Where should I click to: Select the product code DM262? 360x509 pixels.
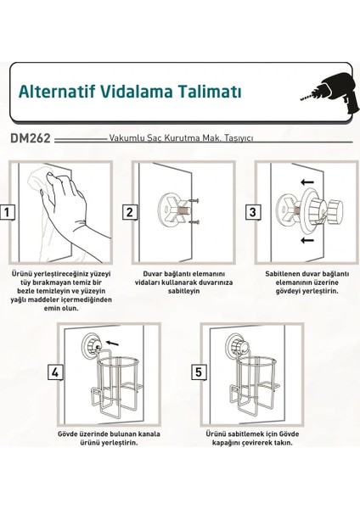(31, 138)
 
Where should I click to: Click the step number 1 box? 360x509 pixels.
(7, 213)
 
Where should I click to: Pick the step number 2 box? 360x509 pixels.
(130, 212)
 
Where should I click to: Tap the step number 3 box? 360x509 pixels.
(253, 212)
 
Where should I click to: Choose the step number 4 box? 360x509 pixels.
(55, 372)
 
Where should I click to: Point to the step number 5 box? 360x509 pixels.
(199, 372)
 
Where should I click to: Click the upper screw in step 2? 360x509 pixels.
(193, 201)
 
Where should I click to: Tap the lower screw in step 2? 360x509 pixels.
(194, 221)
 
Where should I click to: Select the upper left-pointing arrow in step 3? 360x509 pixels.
(307, 182)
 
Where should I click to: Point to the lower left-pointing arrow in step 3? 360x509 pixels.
(307, 240)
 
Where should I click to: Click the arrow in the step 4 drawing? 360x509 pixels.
(113, 343)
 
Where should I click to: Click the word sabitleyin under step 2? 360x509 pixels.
(183, 291)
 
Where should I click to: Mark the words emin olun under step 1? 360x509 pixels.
(61, 308)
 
